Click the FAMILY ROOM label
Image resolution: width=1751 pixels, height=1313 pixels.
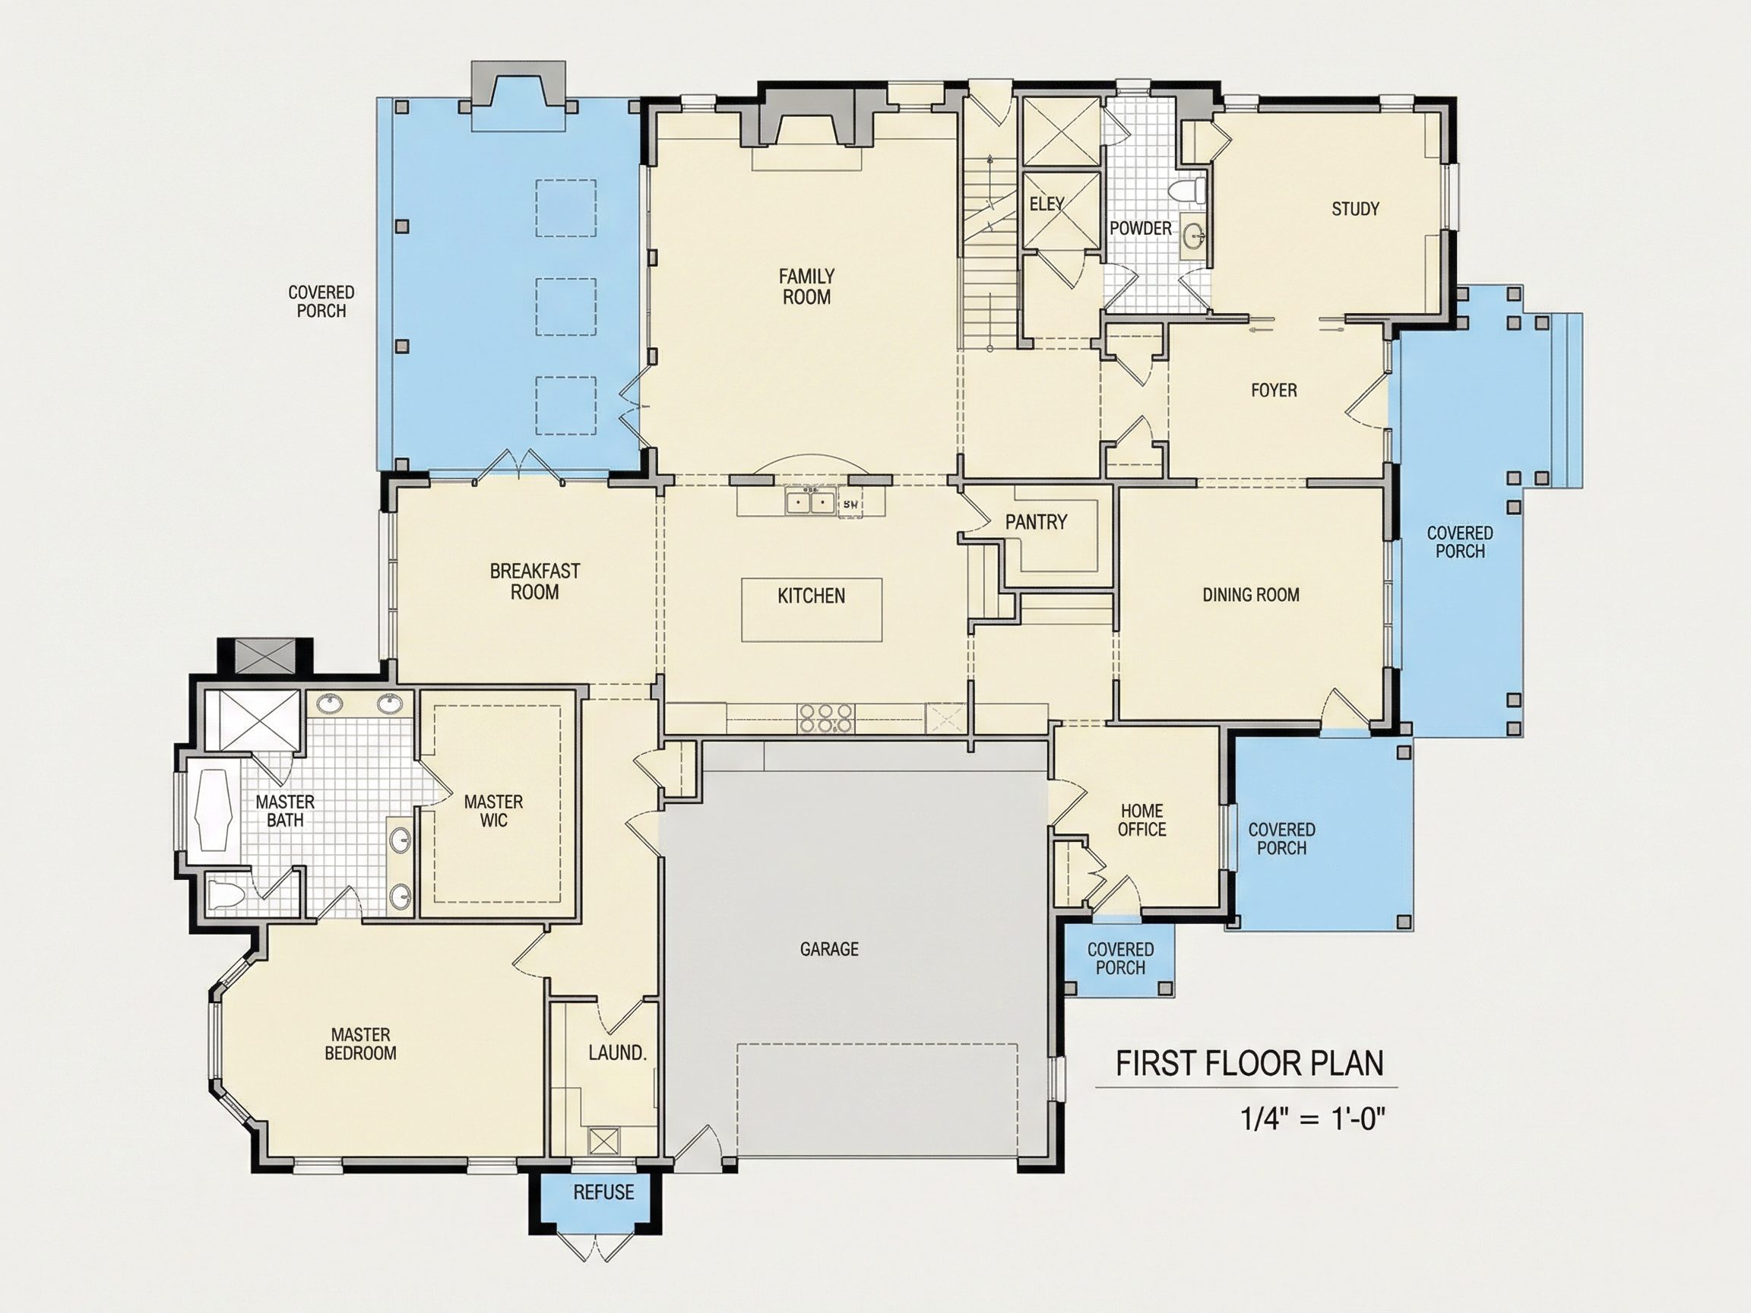tap(806, 286)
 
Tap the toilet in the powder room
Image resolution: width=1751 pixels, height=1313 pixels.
tap(1186, 191)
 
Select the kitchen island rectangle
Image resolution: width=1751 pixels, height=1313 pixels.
tap(812, 609)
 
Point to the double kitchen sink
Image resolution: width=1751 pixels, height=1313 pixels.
tap(811, 501)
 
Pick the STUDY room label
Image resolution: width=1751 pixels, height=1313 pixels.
tap(1355, 209)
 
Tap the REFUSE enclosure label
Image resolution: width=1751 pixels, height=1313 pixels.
tap(603, 1192)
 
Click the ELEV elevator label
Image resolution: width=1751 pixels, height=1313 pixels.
tap(1046, 204)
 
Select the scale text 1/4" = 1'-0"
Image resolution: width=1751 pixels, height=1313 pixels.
tap(1313, 1119)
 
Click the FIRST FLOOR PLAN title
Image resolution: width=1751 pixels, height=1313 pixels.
tap(1250, 1064)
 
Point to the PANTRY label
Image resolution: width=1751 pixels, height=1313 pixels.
tap(1035, 521)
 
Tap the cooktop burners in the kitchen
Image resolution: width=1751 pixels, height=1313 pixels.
tap(825, 718)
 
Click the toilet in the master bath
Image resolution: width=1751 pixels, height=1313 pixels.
tap(227, 895)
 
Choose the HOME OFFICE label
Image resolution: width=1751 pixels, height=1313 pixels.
tap(1141, 820)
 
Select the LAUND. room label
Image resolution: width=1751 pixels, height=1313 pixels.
tap(617, 1052)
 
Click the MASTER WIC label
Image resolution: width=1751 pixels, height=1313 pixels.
tap(493, 812)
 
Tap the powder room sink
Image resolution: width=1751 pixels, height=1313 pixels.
tap(1194, 235)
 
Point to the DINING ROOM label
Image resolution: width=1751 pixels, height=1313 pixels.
tap(1251, 594)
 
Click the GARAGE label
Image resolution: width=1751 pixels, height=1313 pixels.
tap(829, 949)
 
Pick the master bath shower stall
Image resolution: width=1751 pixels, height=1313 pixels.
tap(252, 720)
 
